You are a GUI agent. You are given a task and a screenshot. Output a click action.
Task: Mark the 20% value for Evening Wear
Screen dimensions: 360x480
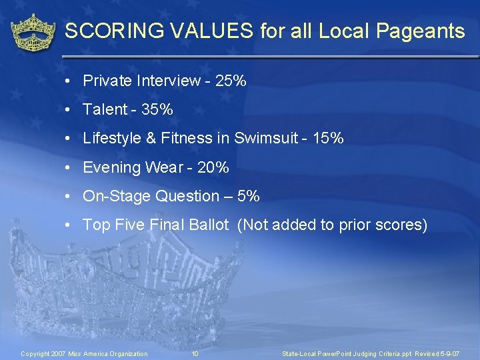(213, 167)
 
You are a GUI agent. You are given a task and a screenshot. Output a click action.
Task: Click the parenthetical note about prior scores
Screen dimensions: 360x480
(332, 225)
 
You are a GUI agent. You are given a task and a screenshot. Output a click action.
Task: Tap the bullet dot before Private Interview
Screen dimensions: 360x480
(69, 82)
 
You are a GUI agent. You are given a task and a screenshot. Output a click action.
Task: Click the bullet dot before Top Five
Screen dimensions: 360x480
(69, 225)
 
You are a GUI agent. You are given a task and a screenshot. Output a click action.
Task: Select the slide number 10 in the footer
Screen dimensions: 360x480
(195, 353)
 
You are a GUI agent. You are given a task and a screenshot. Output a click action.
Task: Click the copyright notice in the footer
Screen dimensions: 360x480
(85, 353)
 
